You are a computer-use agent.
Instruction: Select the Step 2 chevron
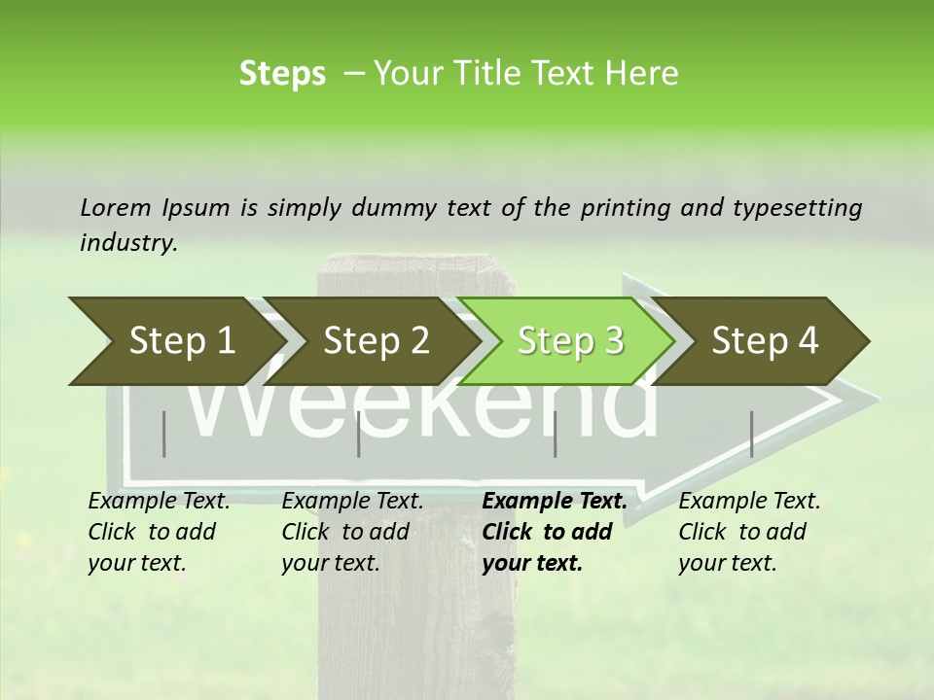pyautogui.click(x=376, y=341)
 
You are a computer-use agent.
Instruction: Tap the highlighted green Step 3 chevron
pyautogui.click(x=570, y=341)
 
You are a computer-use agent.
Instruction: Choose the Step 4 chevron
pyautogui.click(x=765, y=341)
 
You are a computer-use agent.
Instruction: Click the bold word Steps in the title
pyautogui.click(x=282, y=74)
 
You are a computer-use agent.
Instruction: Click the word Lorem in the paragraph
pyautogui.click(x=116, y=207)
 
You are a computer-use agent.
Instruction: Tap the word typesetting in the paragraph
pyautogui.click(x=803, y=207)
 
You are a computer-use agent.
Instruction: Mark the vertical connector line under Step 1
pyautogui.click(x=164, y=434)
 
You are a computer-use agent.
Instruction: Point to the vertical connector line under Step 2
pyautogui.click(x=359, y=434)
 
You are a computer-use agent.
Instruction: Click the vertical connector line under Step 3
pyautogui.click(x=556, y=434)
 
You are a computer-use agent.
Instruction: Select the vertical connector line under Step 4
pyautogui.click(x=752, y=434)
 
